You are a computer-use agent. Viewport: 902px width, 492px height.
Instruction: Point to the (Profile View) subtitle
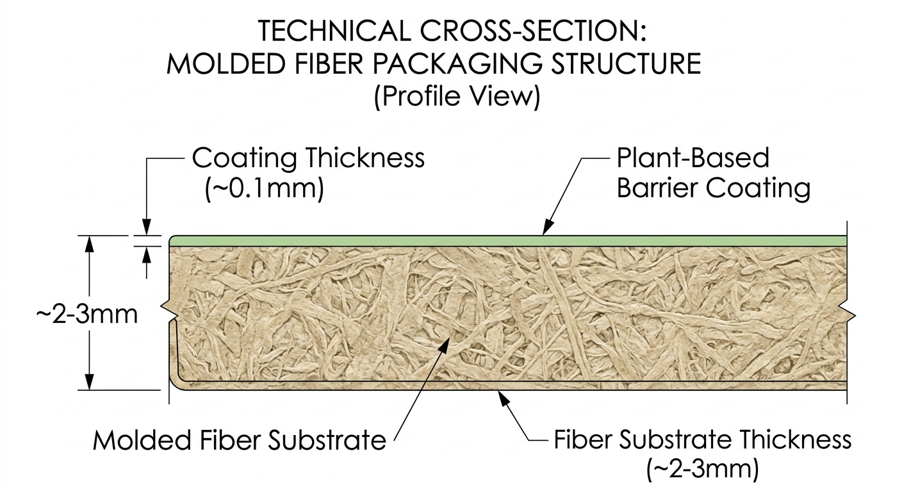pos(457,97)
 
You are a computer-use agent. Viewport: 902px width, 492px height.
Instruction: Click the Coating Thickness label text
pos(308,158)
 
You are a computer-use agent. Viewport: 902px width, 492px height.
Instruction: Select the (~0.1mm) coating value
pos(265,188)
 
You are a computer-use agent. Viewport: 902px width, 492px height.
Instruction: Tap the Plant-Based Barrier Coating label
pos(713,173)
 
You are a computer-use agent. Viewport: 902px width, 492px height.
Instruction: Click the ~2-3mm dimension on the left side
pos(87,315)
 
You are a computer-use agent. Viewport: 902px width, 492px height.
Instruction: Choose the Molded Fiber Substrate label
pos(240,440)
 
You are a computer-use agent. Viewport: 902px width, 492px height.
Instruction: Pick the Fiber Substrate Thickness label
pos(703,439)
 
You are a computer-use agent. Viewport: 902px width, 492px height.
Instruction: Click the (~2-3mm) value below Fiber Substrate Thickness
pos(703,469)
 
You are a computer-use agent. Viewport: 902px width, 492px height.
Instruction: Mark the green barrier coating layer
pos(508,241)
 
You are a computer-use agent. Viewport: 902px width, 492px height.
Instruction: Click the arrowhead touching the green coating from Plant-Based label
pos(547,227)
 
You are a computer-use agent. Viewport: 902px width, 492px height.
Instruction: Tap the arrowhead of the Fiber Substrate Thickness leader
pos(502,398)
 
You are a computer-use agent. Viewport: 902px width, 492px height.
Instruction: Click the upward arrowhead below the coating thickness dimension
pos(147,255)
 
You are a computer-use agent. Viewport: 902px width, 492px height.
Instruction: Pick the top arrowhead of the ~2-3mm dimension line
pos(90,243)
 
